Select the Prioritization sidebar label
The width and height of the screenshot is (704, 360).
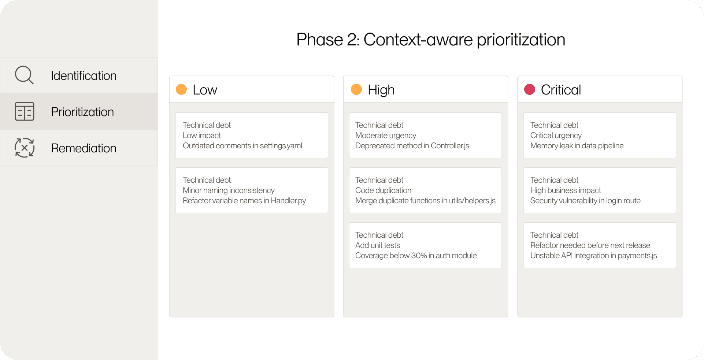point(82,112)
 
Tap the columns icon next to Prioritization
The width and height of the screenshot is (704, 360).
point(25,111)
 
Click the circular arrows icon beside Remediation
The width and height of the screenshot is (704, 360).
point(25,148)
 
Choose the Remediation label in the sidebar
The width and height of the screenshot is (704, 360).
point(84,148)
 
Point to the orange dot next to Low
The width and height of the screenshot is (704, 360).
point(181,89)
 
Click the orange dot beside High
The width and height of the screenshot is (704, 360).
point(356,89)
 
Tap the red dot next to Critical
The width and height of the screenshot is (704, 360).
point(530,89)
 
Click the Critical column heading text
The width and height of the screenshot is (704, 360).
point(561,90)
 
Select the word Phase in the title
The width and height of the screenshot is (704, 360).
point(319,40)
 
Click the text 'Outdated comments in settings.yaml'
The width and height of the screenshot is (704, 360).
point(242,146)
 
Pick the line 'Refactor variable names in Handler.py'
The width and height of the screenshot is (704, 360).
point(244,201)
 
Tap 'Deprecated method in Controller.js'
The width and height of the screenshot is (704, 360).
point(412,146)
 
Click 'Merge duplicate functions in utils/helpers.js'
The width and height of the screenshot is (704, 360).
point(425,201)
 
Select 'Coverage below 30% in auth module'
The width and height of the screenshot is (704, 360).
point(416,256)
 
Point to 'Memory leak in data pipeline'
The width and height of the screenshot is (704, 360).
point(577,146)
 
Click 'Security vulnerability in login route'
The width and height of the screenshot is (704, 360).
point(585,201)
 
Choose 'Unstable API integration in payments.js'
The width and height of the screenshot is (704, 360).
point(594,256)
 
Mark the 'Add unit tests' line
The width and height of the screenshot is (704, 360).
point(378,245)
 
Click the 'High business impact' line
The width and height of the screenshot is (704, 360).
point(566,190)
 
